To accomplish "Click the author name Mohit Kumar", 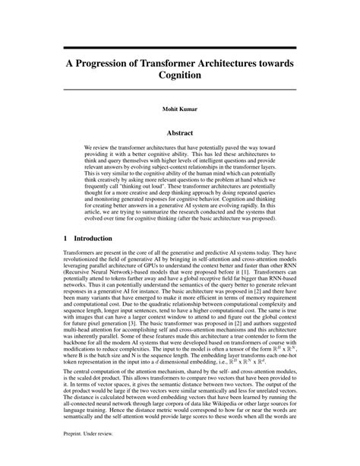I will [x=179, y=109].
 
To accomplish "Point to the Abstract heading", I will [x=179, y=132].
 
